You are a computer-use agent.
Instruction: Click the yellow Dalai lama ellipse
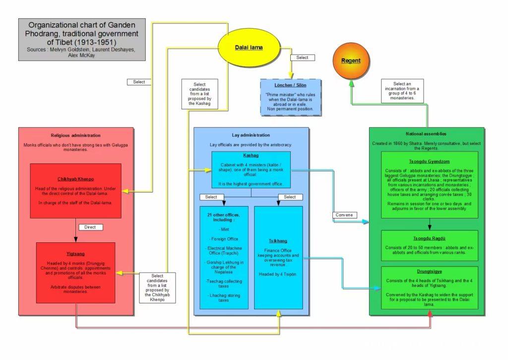click(249, 47)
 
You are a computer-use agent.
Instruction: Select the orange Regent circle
click(351, 61)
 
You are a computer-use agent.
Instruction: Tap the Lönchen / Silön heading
click(290, 85)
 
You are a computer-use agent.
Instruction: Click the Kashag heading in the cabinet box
click(251, 155)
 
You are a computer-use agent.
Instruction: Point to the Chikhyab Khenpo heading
click(75, 179)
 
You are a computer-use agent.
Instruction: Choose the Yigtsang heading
click(75, 254)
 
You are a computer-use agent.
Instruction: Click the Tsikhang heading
click(278, 241)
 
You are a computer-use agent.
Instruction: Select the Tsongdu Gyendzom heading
click(429, 161)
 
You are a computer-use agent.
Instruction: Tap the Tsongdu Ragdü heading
click(429, 238)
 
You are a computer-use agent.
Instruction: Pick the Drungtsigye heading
click(429, 272)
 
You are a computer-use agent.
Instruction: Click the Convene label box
click(344, 215)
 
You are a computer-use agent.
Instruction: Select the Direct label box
click(90, 227)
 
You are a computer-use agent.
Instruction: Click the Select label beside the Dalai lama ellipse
click(302, 58)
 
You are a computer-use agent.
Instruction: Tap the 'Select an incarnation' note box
click(402, 91)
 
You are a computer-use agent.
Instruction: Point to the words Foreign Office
click(225, 239)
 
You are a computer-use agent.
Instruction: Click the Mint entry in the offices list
click(225, 229)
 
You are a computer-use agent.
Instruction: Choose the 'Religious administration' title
click(75, 136)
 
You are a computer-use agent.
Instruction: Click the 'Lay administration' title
click(251, 135)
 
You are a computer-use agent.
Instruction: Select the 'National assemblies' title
click(426, 134)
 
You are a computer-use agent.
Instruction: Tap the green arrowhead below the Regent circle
click(352, 84)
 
